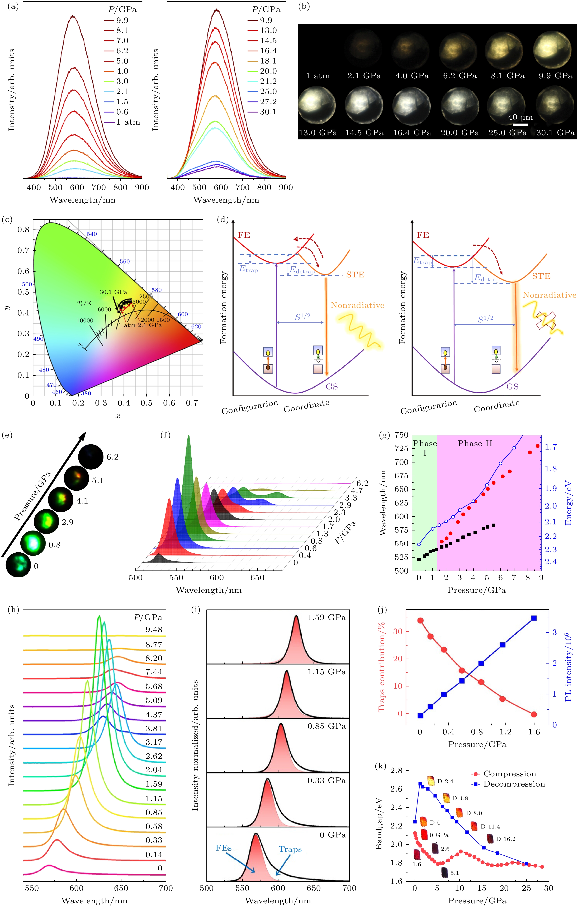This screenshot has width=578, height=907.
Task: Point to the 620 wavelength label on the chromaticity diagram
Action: [x=196, y=326]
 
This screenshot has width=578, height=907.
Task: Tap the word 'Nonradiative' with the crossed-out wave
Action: [x=549, y=295]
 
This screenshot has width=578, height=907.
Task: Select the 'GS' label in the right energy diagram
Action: [x=512, y=386]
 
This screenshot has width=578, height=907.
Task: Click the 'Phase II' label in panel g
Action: [x=475, y=443]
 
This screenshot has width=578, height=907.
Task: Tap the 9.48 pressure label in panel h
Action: [x=154, y=629]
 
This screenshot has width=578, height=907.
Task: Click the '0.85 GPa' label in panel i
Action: [x=326, y=726]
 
